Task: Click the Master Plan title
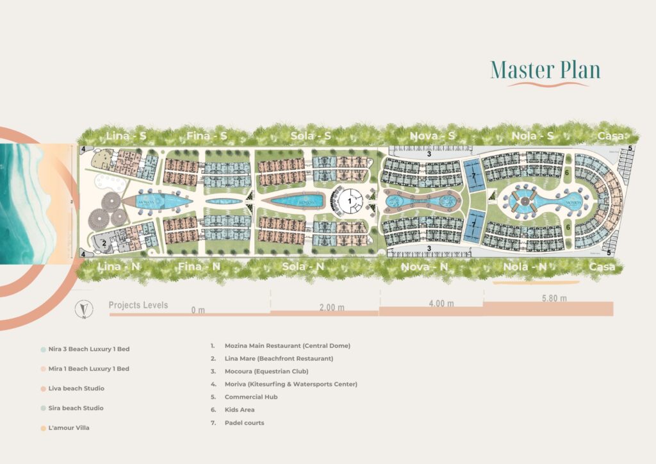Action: click(x=545, y=69)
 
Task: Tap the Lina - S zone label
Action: click(x=126, y=136)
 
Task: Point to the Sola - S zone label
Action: click(x=311, y=136)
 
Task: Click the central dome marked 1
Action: click(x=350, y=201)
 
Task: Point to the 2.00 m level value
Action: click(x=331, y=308)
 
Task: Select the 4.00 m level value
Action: click(x=441, y=303)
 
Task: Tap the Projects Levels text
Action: click(x=138, y=305)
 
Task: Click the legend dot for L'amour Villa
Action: click(x=42, y=427)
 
